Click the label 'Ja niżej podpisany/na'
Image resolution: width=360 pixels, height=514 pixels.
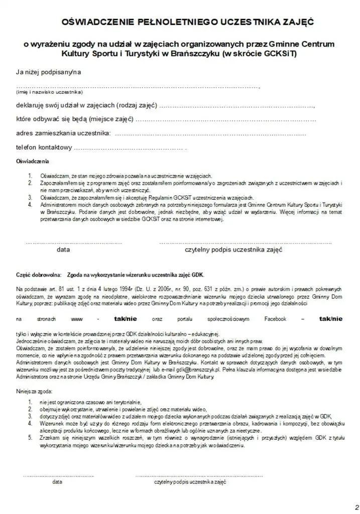click(x=48, y=72)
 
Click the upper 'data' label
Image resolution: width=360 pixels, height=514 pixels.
click(x=63, y=249)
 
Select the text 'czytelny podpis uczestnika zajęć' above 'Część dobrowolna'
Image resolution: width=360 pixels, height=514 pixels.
click(x=233, y=249)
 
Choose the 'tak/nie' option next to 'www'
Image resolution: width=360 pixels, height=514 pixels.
click(x=125, y=318)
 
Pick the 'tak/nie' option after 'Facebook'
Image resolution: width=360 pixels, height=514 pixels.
click(x=330, y=318)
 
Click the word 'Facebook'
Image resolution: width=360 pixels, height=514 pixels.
click(x=275, y=319)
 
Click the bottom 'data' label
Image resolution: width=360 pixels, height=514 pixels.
click(x=58, y=481)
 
